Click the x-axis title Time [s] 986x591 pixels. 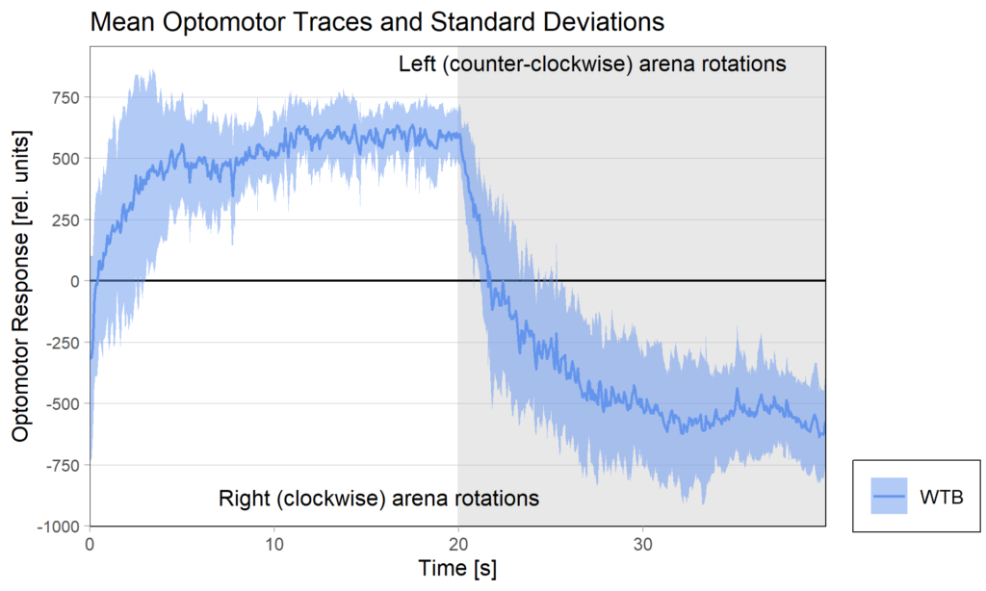tap(457, 569)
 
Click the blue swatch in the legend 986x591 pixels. tap(889, 496)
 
